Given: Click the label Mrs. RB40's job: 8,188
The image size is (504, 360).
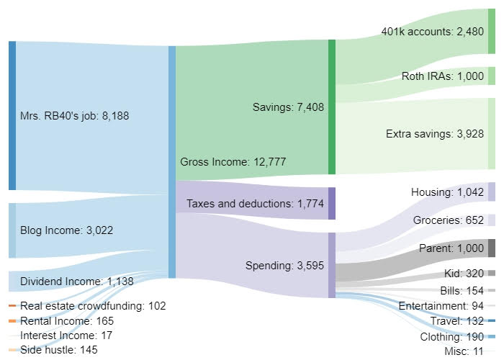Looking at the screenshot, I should point(75,115).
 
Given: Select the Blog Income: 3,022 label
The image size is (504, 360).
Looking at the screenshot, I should point(66,230).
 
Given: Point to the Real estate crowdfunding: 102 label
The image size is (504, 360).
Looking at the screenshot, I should point(93,306).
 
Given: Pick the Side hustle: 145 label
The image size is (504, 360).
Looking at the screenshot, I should point(59,350).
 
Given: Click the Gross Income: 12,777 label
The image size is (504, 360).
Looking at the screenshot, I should point(234,162).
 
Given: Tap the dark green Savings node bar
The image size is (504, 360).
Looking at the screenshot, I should point(332,107).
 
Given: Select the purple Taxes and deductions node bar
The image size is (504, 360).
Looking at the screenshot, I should point(332,203).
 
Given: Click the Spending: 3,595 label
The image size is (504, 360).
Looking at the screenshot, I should point(285,266).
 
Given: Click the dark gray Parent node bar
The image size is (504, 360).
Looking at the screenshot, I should point(492,248).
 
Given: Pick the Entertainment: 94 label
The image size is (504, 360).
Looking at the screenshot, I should point(441,306).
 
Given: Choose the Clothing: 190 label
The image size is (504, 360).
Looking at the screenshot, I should point(452,336).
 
